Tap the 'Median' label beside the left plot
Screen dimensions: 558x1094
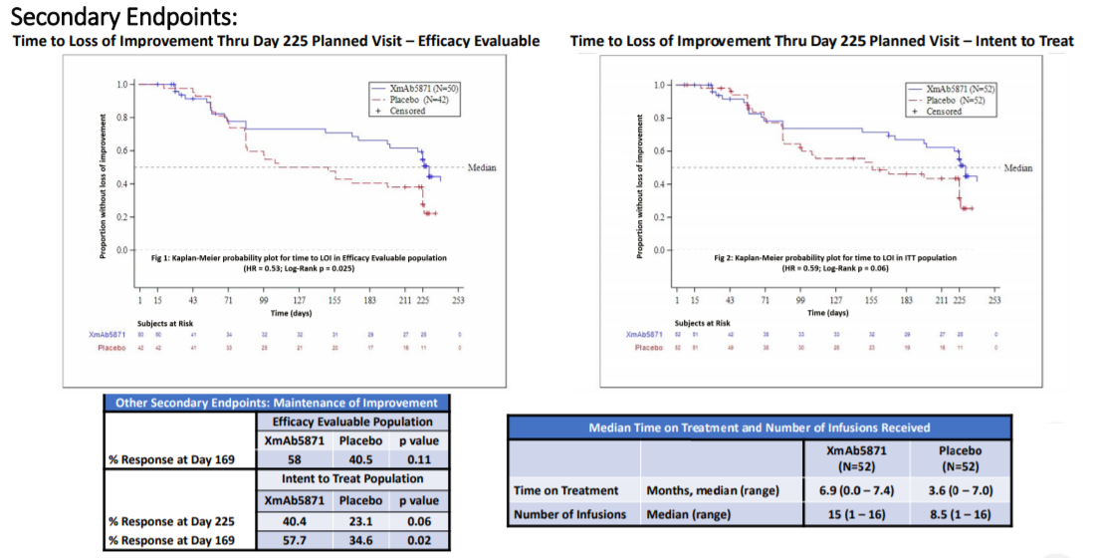482,167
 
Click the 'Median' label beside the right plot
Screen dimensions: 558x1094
1017,168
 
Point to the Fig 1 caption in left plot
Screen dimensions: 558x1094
296,257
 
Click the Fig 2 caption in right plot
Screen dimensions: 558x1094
835,258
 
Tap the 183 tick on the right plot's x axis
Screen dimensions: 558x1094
906,300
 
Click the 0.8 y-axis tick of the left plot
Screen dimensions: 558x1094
121,118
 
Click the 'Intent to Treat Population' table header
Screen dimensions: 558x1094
353,479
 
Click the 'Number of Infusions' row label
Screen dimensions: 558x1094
568,513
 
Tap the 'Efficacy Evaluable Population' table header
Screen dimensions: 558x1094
353,421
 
